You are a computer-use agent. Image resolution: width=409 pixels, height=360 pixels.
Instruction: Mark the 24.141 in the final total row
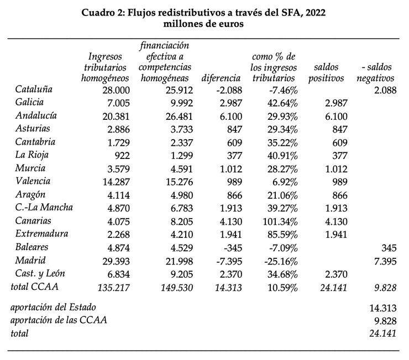pyautogui.click(x=382, y=333)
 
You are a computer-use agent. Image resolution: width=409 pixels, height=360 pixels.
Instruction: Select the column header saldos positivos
pyautogui.click(x=326, y=72)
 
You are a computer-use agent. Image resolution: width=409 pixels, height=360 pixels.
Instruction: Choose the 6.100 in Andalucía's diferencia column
pyautogui.click(x=229, y=115)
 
